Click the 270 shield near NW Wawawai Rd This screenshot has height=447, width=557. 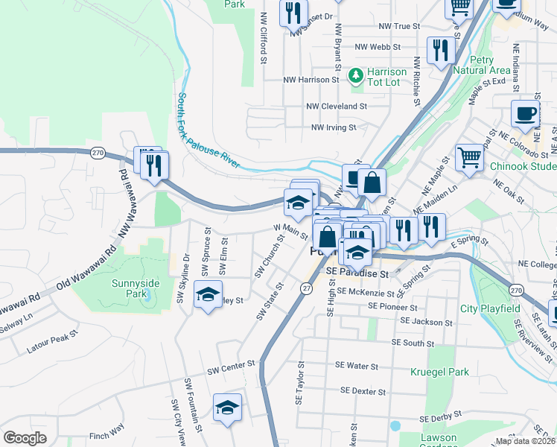pyautogui.click(x=98, y=153)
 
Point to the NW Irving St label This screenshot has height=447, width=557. pyautogui.click(x=334, y=127)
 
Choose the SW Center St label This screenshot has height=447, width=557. pyautogui.click(x=231, y=367)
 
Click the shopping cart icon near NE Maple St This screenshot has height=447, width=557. pyautogui.click(x=469, y=157)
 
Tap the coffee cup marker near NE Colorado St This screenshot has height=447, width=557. pyautogui.click(x=525, y=113)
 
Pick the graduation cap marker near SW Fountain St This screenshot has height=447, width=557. pyautogui.click(x=227, y=408)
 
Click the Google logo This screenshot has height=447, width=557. pyautogui.click(x=25, y=438)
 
